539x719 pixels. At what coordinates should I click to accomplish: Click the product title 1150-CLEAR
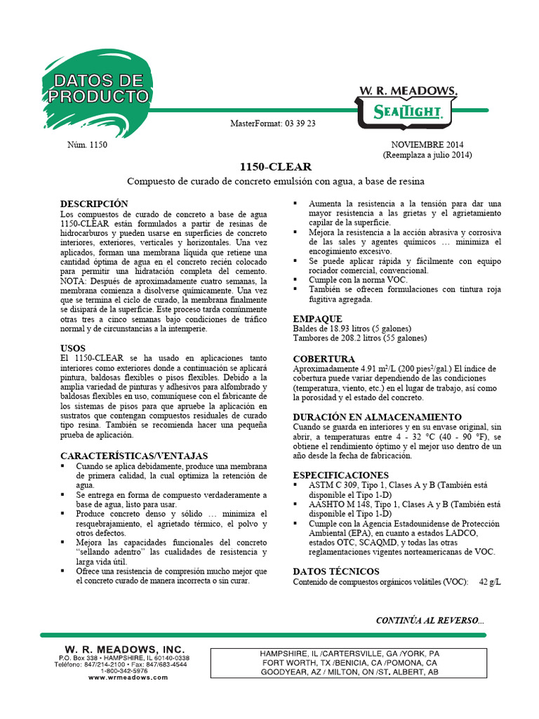click(269, 167)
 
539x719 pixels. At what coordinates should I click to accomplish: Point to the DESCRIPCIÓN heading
click(94, 203)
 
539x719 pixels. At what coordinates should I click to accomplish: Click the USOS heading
click(73, 348)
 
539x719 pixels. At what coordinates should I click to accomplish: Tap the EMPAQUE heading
click(317, 318)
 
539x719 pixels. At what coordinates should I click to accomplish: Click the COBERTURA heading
click(324, 358)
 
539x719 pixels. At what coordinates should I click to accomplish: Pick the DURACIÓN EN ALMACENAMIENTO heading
click(377, 416)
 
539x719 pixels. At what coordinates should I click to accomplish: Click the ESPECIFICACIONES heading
click(340, 475)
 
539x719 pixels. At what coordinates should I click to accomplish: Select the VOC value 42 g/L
click(490, 581)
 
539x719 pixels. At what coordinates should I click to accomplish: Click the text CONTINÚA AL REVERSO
click(430, 620)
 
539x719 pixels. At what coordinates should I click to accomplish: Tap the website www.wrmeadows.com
click(128, 678)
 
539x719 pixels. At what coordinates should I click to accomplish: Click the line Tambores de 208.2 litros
click(359, 338)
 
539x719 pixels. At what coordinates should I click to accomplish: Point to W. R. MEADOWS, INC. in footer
click(124, 649)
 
